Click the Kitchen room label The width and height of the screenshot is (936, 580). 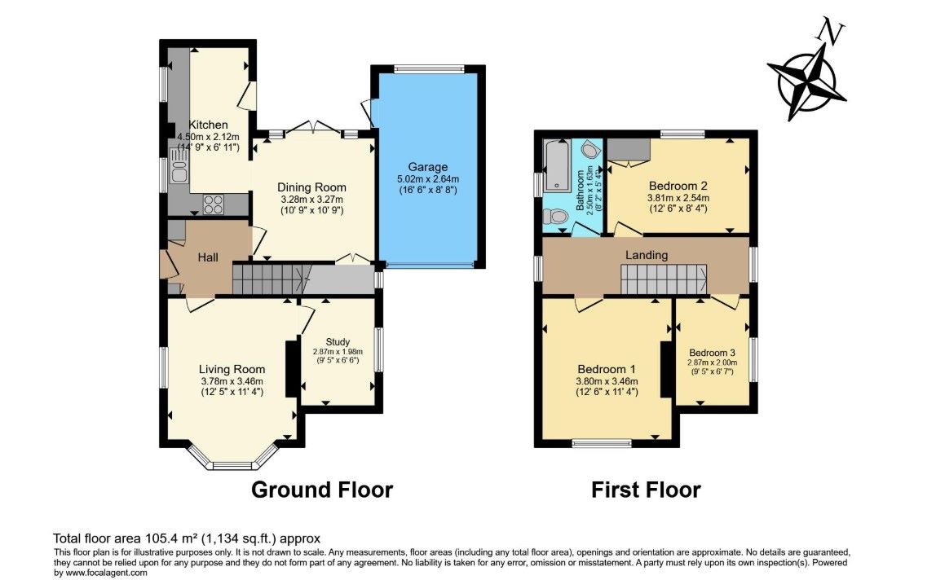pos(209,125)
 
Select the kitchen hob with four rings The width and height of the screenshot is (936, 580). pos(214,204)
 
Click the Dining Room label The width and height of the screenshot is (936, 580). pos(311,187)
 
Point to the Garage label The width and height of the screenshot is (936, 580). pos(428,167)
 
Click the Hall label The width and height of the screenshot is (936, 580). pos(208,257)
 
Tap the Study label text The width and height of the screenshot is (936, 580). pos(338,342)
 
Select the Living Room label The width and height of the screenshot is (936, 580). pos(232,369)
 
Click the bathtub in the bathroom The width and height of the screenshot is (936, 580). pos(557,166)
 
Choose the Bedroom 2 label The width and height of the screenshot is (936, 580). pos(678,186)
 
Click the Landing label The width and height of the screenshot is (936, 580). pos(647,256)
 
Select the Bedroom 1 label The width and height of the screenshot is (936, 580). pos(607,369)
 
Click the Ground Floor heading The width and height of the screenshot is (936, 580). pos(322,490)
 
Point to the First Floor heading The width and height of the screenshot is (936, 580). pos(646,490)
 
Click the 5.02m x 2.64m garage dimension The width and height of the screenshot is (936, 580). pos(428,179)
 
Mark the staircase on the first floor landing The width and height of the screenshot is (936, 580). pos(664,279)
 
